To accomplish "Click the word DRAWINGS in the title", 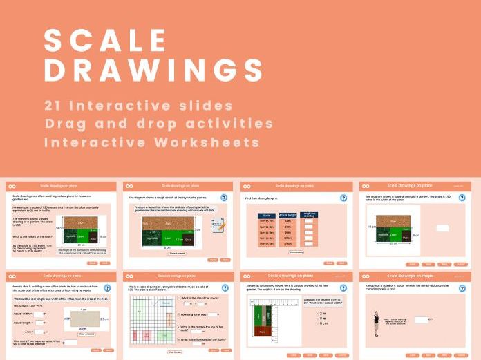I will (153, 70).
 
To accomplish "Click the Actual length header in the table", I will (286, 215).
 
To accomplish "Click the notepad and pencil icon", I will (217, 224).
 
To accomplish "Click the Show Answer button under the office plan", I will (85, 334).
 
